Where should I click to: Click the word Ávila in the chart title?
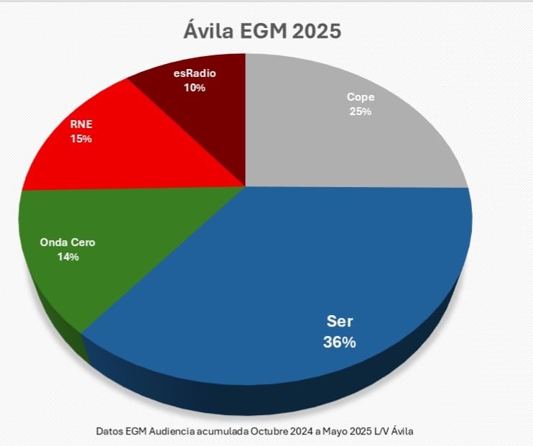click(207, 31)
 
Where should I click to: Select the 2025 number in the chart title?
click(313, 31)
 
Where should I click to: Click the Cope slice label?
click(360, 97)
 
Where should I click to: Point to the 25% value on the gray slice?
click(360, 111)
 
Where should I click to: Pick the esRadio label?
click(195, 73)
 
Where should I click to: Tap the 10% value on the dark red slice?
click(195, 88)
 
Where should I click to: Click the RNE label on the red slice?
click(80, 124)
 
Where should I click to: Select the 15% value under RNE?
click(80, 138)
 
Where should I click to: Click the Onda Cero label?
click(68, 242)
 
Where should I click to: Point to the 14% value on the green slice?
click(68, 257)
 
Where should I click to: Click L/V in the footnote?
click(389, 431)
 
